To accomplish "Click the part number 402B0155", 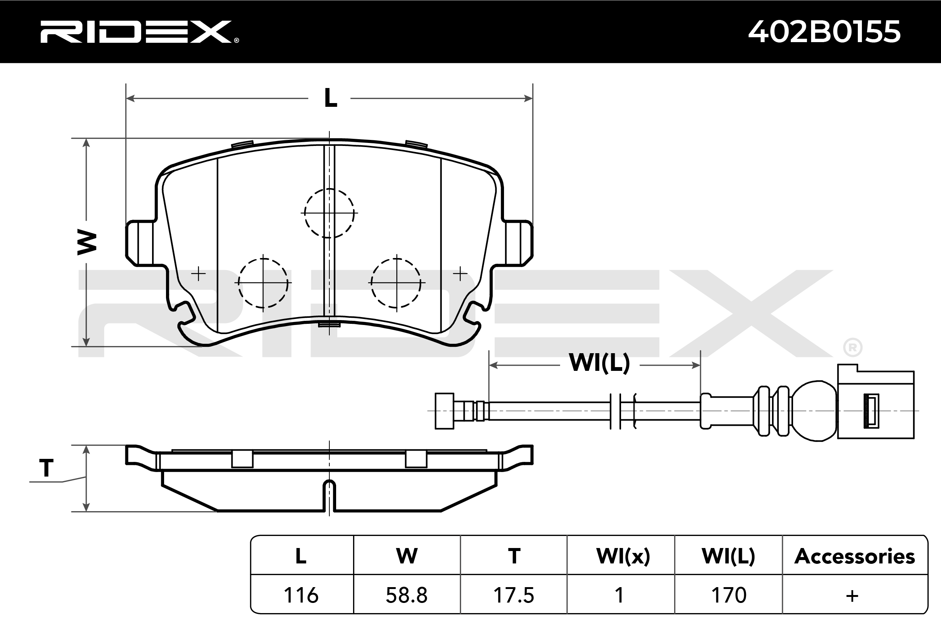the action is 824,32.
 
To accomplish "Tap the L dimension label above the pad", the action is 330,98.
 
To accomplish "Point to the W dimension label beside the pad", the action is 87,242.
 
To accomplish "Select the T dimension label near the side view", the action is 46,468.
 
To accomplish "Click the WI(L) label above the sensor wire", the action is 599,363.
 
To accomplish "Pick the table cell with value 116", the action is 301,595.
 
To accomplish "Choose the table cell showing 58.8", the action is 407,595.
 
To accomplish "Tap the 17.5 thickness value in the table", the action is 514,595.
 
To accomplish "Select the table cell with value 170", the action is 729,595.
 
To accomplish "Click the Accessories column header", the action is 854,556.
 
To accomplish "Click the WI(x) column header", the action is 623,556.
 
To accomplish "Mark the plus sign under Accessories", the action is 852,596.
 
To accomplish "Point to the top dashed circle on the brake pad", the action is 329,213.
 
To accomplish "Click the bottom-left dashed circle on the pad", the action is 263,283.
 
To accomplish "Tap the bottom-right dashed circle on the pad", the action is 396,283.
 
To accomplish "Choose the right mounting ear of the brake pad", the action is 519,243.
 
